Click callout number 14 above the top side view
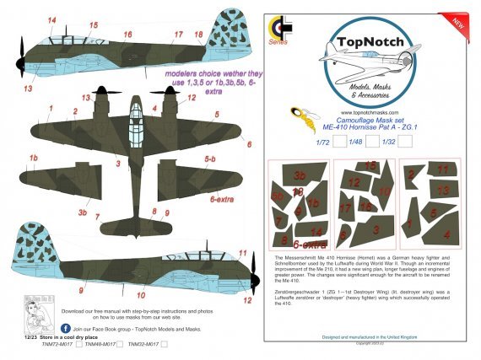point(51,19)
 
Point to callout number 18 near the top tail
point(198,35)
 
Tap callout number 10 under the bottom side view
point(140,296)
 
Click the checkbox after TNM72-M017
point(77,343)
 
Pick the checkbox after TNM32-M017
point(164,343)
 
